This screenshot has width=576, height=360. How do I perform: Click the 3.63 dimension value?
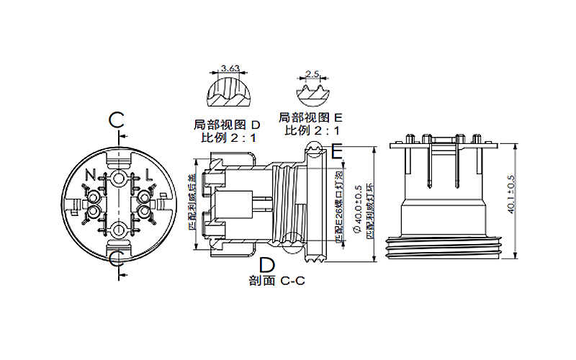pyautogui.click(x=231, y=68)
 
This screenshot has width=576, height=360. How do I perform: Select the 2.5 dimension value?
pyautogui.click(x=312, y=73)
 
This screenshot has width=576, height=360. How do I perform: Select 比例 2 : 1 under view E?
pyautogui.click(x=312, y=130)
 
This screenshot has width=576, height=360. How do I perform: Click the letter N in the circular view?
pyautogui.click(x=90, y=174)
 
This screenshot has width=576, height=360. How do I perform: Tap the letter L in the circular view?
pyautogui.click(x=148, y=174)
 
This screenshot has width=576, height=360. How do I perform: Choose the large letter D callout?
pyautogui.click(x=266, y=263)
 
